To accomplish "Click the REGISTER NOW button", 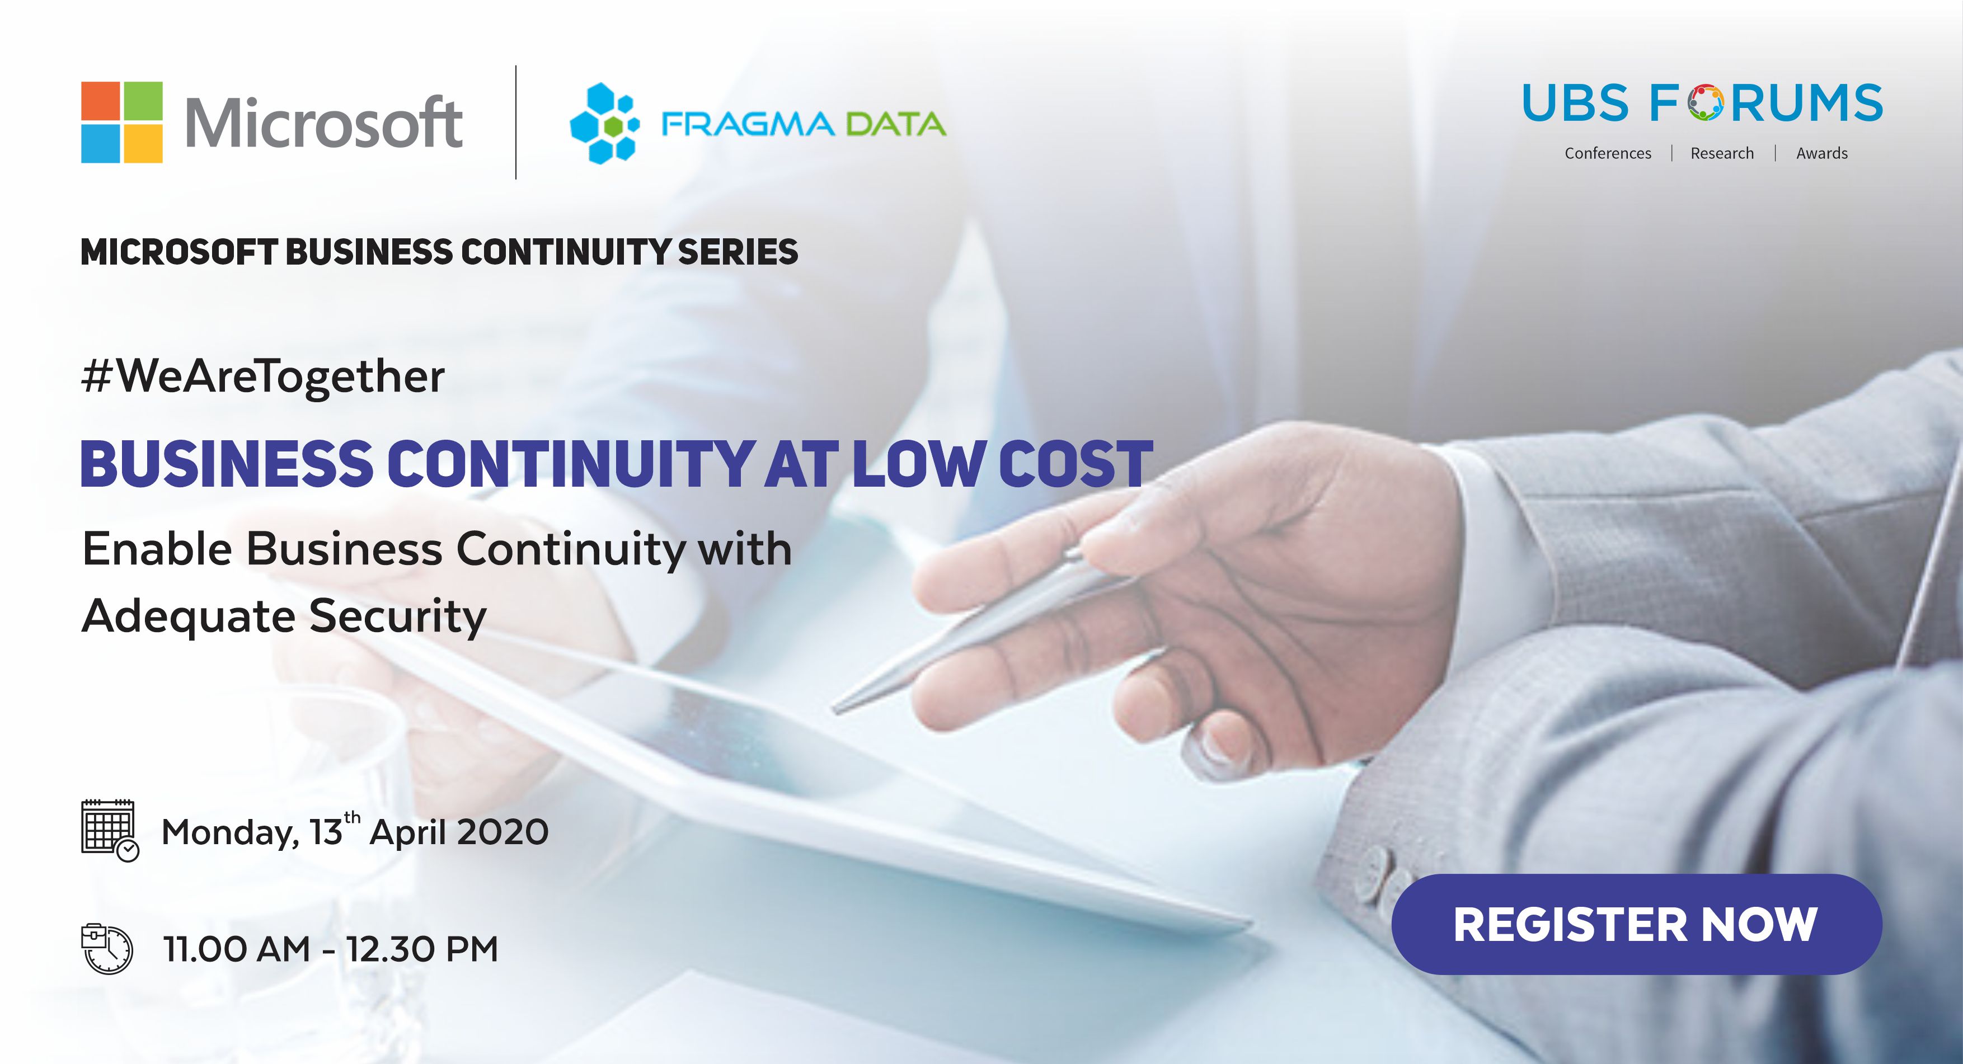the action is coord(1637,924).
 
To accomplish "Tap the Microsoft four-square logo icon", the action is coord(122,122).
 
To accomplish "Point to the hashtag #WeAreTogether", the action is coord(263,377).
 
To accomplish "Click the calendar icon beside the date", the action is coord(110,830).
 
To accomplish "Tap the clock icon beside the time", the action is coord(107,948).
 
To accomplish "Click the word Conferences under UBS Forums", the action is coord(1608,153).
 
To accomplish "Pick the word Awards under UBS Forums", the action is coord(1822,153).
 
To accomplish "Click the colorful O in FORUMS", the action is coord(1704,103).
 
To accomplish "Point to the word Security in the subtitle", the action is coord(398,615).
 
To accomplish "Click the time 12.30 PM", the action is coord(422,949).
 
